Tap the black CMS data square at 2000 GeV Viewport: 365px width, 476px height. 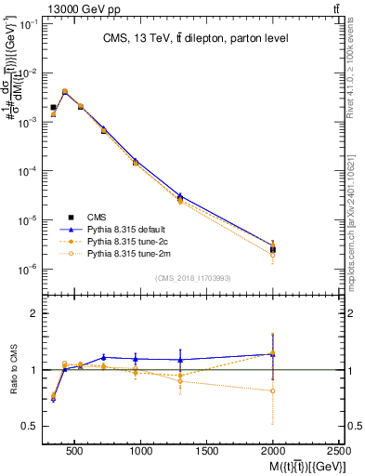pyautogui.click(x=272, y=249)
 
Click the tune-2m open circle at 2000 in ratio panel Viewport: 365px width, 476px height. pyautogui.click(x=272, y=391)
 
